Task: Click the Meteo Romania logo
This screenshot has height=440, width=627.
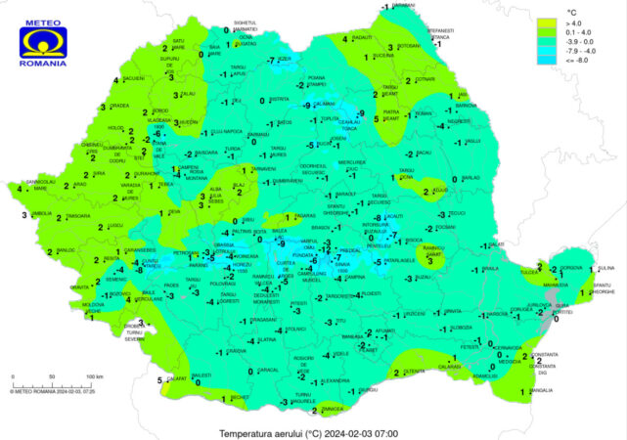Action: pyautogui.click(x=43, y=40)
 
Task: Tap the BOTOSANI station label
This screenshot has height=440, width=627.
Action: pyautogui.click(x=408, y=45)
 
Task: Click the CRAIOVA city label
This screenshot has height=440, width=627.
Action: pyautogui.click(x=236, y=350)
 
